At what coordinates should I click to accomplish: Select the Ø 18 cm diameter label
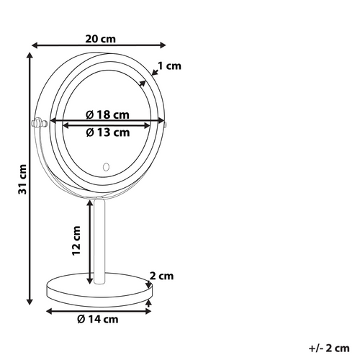[x=107, y=114]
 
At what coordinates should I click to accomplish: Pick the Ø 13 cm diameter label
[x=107, y=132]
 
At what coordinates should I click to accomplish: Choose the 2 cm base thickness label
[x=162, y=276]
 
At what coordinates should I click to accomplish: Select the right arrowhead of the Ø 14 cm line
[x=150, y=311]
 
